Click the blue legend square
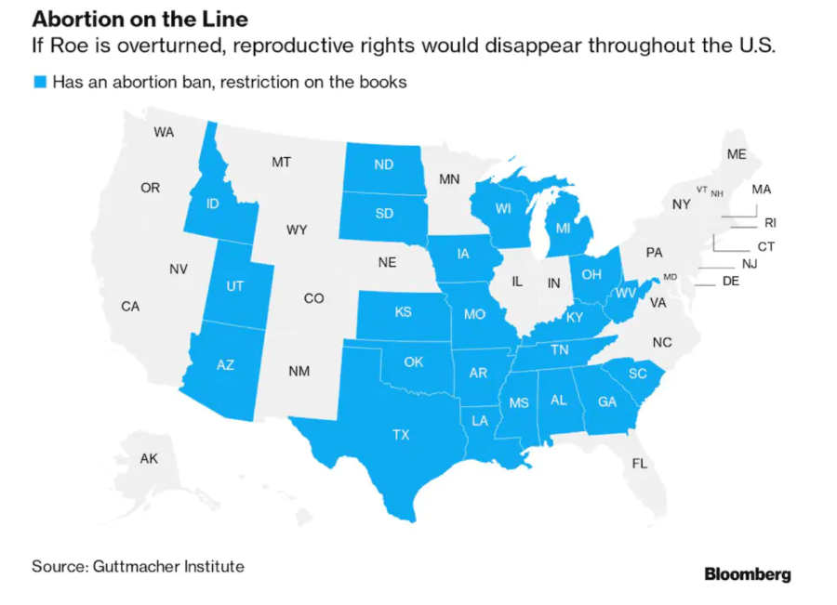click(39, 83)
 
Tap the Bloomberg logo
click(748, 574)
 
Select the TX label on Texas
click(401, 434)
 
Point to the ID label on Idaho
click(212, 203)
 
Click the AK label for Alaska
click(149, 458)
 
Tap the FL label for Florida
click(639, 463)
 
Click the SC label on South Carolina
click(638, 374)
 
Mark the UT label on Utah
click(234, 286)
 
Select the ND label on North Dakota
click(383, 165)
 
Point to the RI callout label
click(770, 223)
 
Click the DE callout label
click(730, 281)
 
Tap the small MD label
click(671, 277)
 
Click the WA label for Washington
click(164, 132)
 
